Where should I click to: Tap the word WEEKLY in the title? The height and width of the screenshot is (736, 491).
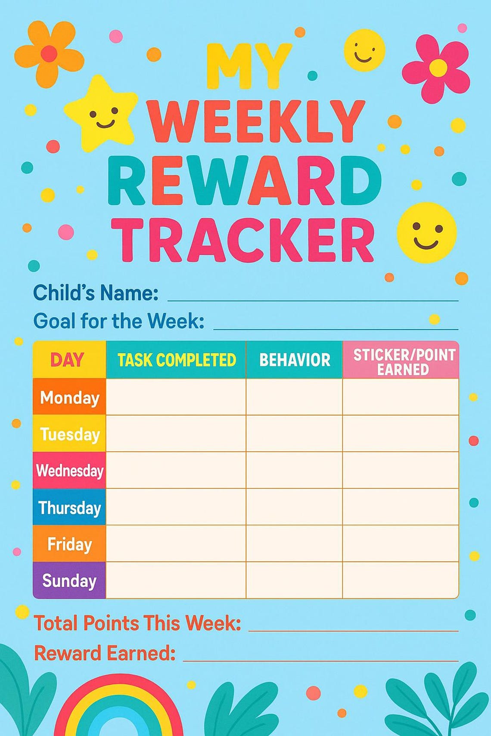point(257,122)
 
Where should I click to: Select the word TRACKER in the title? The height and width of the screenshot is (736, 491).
point(245,240)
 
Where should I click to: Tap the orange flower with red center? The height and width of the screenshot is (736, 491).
point(48,53)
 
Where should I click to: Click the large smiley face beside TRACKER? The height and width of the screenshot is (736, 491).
point(426,232)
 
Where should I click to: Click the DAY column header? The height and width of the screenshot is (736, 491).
point(69,360)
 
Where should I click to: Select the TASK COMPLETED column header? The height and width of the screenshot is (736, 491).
point(177,360)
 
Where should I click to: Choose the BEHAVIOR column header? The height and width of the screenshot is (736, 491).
point(295,360)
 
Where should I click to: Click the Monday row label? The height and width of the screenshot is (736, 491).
point(69,397)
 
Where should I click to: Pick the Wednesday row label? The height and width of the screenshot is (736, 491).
point(69,470)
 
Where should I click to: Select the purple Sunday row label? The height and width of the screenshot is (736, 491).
point(69,581)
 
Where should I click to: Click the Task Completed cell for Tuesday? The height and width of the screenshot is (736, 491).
point(176,433)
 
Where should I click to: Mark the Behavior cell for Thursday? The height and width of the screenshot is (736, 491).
point(295,507)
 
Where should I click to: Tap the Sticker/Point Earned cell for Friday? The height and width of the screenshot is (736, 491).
point(401,544)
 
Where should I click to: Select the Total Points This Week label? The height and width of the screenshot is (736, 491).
point(137,623)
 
